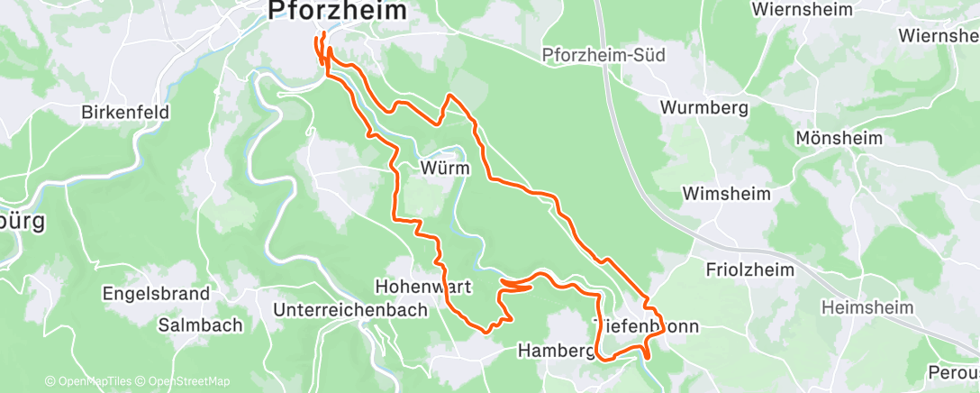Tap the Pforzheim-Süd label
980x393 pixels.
click(x=603, y=56)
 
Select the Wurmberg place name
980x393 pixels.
click(x=704, y=107)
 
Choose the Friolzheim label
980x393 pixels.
click(x=749, y=270)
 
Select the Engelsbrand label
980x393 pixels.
click(x=157, y=294)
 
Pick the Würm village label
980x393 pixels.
click(x=441, y=168)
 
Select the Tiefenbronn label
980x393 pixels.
click(x=645, y=326)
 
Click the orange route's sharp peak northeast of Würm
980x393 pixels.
click(x=449, y=95)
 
